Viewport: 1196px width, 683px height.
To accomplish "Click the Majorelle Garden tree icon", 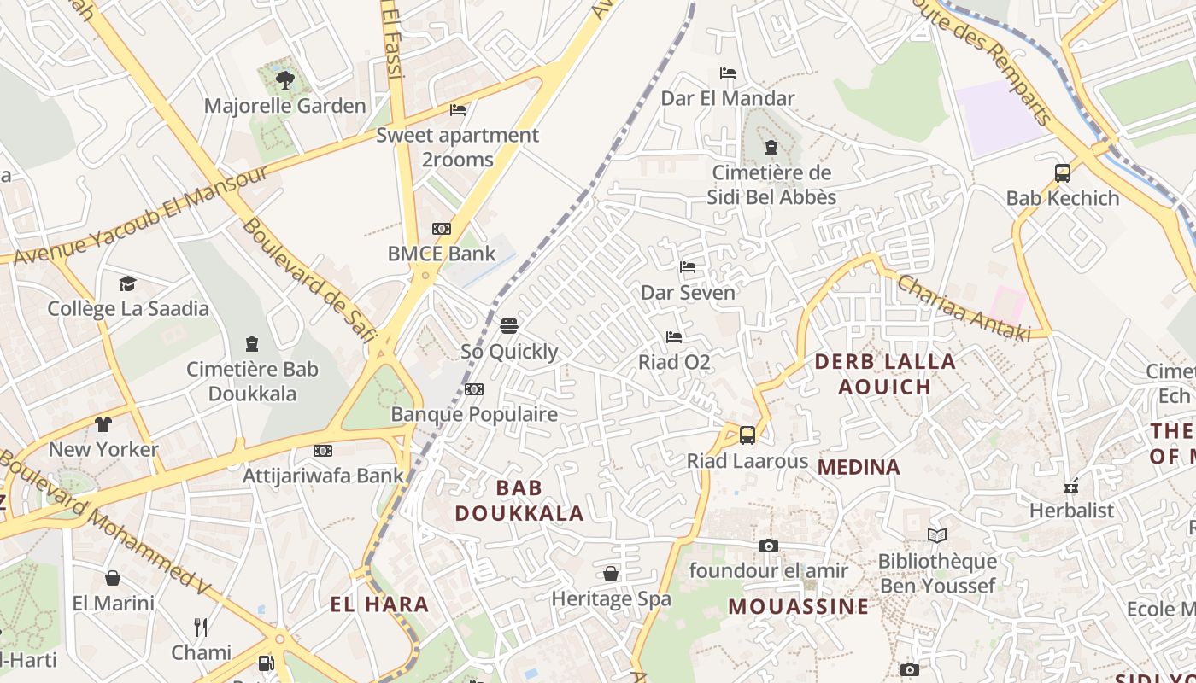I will (285, 80).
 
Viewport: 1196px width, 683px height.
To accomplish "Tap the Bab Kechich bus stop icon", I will (1063, 173).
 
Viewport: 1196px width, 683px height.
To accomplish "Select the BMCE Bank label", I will (441, 254).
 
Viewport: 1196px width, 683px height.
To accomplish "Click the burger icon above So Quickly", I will (509, 325).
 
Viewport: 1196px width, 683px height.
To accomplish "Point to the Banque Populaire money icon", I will (474, 389).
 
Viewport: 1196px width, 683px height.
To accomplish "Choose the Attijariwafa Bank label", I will (323, 476).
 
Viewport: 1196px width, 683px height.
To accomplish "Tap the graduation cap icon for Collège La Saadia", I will (127, 283).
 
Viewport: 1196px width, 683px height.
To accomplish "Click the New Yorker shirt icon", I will (103, 424).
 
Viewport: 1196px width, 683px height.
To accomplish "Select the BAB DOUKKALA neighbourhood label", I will (519, 500).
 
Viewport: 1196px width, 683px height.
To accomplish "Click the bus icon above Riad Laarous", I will (747, 435).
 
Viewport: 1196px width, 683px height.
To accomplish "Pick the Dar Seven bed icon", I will (688, 267).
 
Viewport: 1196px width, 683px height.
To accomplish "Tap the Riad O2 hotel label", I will (674, 362).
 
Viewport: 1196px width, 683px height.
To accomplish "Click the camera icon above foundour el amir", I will (769, 546).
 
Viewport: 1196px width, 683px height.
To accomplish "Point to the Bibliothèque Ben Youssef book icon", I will (937, 535).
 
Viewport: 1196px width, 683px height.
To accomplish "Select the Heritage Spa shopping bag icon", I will (611, 574).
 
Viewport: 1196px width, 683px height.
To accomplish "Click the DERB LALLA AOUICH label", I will (885, 374).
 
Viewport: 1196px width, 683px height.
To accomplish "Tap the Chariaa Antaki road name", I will (964, 308).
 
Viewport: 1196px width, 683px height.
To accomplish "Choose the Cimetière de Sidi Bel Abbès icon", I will (771, 148).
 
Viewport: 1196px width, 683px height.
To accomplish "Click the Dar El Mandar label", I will (728, 98).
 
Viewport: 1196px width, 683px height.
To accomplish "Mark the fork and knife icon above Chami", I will (201, 628).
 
